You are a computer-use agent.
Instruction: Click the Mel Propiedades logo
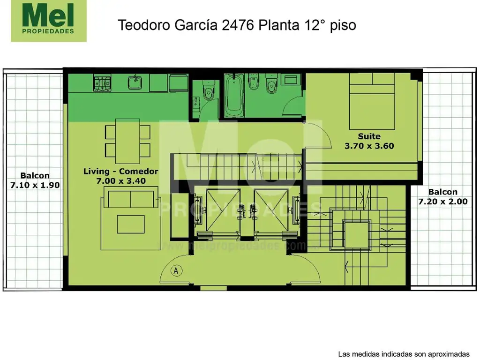pyautogui.click(x=49, y=21)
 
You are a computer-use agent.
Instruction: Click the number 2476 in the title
pyautogui.click(x=237, y=25)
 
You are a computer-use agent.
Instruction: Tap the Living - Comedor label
pyautogui.click(x=120, y=171)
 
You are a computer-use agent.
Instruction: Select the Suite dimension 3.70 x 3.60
pyautogui.click(x=369, y=146)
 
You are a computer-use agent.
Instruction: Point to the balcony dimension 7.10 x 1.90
pyautogui.click(x=35, y=185)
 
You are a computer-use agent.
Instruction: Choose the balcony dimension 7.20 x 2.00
pyautogui.click(x=442, y=202)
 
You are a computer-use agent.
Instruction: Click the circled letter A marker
pyautogui.click(x=176, y=270)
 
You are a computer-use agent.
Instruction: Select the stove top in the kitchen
pyautogui.click(x=102, y=83)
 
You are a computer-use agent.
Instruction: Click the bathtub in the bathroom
pyautogui.click(x=233, y=96)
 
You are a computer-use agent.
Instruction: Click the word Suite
pyautogui.click(x=369, y=136)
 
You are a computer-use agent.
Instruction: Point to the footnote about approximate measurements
pyautogui.click(x=403, y=353)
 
